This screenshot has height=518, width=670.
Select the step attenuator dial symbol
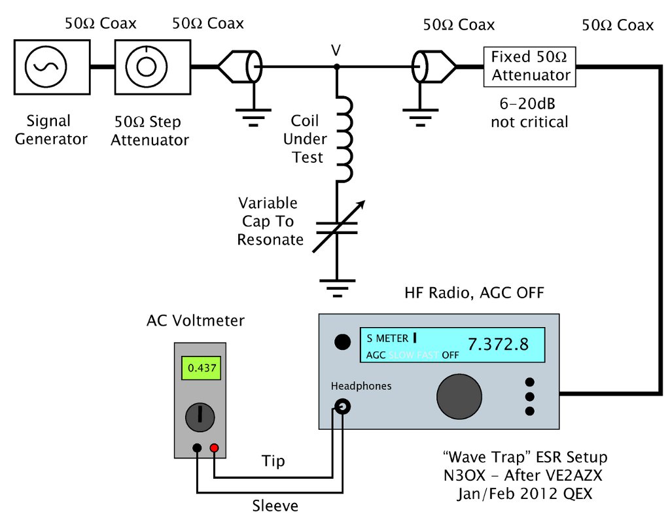152,67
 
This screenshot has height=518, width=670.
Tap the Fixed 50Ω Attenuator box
530,66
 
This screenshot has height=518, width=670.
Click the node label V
336,50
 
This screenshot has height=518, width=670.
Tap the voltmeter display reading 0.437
201,368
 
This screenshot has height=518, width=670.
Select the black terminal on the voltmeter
197,448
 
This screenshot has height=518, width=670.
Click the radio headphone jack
342,408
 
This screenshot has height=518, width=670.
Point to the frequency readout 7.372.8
497,344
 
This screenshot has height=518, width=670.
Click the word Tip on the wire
273,461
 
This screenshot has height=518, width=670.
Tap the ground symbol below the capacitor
338,285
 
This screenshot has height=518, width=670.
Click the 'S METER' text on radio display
387,338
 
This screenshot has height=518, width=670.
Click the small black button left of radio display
340,341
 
